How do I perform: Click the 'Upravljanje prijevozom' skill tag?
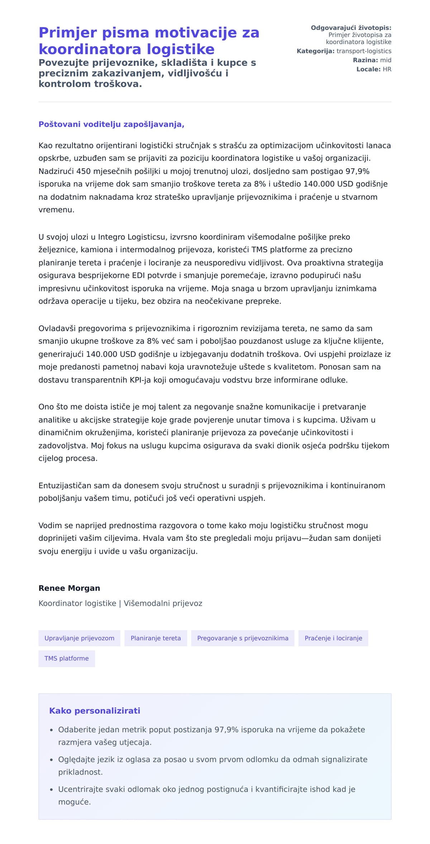(79, 638)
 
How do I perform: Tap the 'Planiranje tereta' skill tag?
(156, 638)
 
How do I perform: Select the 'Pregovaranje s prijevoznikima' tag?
(243, 638)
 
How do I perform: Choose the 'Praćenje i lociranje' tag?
(333, 638)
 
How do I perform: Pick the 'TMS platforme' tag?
(67, 659)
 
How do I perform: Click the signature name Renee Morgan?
(69, 588)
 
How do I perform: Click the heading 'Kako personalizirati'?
(95, 711)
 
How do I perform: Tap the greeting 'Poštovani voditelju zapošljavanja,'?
(111, 125)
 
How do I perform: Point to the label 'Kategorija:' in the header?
(315, 51)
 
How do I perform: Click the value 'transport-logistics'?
(364, 51)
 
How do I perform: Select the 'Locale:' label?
(368, 69)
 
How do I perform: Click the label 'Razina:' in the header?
(365, 60)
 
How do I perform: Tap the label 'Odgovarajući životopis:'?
(351, 28)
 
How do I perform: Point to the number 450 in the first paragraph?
(83, 171)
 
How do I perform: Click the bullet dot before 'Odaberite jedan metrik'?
(52, 730)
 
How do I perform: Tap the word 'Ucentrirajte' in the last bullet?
(80, 789)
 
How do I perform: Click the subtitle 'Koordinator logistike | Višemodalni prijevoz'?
(120, 603)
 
